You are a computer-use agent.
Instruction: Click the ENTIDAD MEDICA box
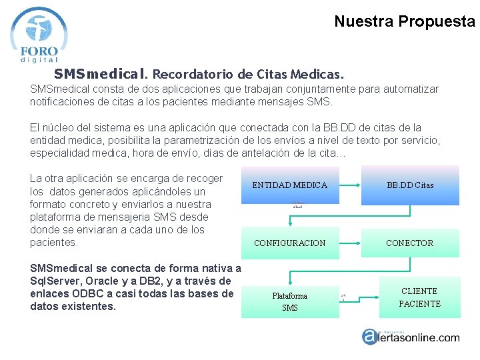pos(289,185)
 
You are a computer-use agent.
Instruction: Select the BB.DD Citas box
pos(410,185)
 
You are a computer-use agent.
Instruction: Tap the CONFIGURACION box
pos(289,243)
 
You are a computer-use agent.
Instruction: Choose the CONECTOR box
pos(410,243)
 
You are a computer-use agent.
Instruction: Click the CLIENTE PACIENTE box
pos(419,297)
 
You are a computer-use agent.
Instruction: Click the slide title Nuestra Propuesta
pos(404,21)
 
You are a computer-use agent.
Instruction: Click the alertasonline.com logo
pos(410,337)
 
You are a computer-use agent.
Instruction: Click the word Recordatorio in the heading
pos(197,73)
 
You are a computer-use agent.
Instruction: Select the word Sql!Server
pos(59,281)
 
